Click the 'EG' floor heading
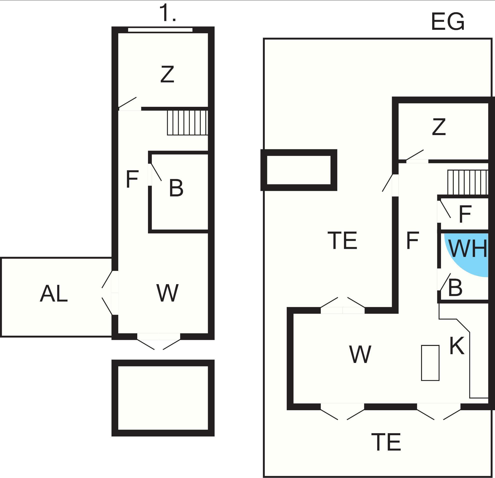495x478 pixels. tap(447, 22)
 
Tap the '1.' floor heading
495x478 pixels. tap(167, 13)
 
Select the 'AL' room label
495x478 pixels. tap(54, 294)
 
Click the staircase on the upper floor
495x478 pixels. tap(187, 123)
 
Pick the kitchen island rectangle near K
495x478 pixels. tap(430, 363)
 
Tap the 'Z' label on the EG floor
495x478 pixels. tap(439, 127)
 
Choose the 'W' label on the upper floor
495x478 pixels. tap(167, 293)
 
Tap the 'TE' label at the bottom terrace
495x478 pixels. tap(386, 442)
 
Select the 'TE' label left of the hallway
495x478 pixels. tap(342, 240)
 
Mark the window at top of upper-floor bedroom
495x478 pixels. tap(160, 30)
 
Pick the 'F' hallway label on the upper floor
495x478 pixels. tap(132, 179)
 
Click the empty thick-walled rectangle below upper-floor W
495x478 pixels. tap(163, 398)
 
